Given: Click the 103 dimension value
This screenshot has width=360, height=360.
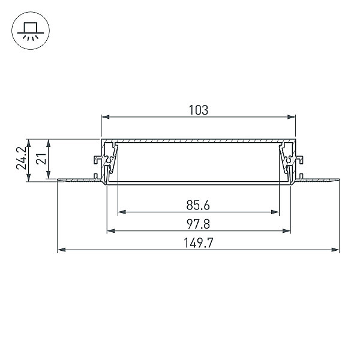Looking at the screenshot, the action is point(199,110).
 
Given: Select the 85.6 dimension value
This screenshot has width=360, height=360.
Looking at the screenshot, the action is point(198,205).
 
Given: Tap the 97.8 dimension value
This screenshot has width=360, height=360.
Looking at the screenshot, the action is point(199,224).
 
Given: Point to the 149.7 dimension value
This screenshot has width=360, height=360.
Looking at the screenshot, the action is point(199,243).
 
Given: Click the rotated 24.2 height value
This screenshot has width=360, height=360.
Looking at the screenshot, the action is point(22,158).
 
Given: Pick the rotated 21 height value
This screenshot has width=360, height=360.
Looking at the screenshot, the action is point(41,158).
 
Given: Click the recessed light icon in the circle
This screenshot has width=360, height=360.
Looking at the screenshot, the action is point(31,31).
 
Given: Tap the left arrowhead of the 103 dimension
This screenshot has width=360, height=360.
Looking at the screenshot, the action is point(106,117).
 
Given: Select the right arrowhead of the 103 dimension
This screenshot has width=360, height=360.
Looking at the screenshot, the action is point(292,117).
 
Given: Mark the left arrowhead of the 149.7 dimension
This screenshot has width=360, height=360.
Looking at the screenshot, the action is point(61,250).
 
